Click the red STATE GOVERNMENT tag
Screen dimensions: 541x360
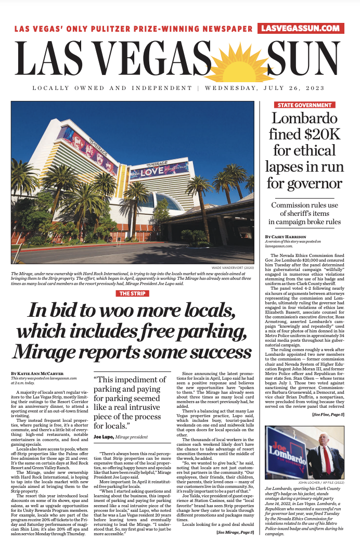(x=304, y=105)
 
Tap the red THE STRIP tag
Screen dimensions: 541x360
(x=133, y=293)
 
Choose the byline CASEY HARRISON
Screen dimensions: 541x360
(x=287, y=237)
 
